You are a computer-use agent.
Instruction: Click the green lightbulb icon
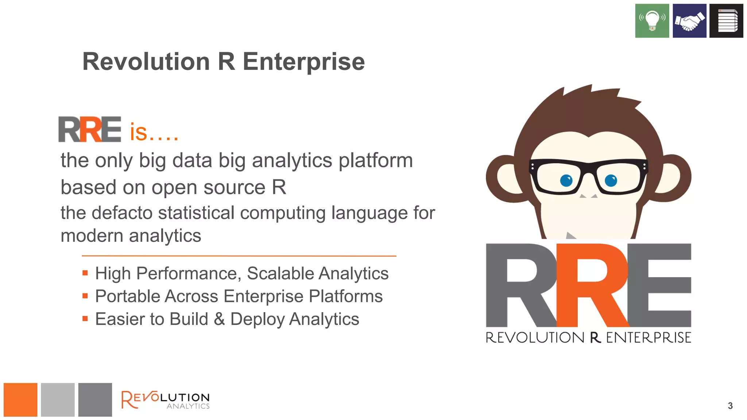point(652,21)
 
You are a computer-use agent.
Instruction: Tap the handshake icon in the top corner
point(689,21)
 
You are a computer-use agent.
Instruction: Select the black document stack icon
point(726,21)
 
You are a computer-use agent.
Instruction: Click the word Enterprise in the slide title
point(303,62)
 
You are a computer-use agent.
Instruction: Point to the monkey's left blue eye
point(566,180)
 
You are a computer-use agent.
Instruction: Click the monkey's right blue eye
point(611,180)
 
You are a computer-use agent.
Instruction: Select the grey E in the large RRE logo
point(660,285)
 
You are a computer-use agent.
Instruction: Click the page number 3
point(730,406)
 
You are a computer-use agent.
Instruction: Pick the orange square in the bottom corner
point(20,400)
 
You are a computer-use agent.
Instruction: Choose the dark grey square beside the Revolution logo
point(95,400)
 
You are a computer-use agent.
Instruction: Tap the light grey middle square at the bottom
point(58,400)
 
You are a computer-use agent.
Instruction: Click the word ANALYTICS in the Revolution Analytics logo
point(188,406)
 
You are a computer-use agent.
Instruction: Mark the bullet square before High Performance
point(85,273)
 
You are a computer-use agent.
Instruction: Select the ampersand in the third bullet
point(219,319)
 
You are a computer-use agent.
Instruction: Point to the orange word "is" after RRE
point(138,132)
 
